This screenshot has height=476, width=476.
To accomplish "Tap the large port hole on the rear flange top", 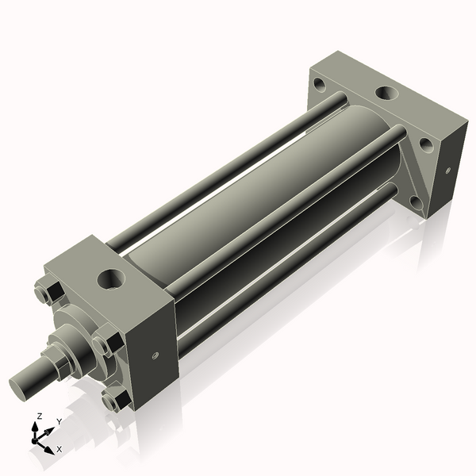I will coord(387,95).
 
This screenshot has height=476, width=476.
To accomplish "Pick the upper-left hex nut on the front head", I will coord(45,293).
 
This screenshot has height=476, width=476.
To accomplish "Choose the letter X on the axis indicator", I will coord(59,449).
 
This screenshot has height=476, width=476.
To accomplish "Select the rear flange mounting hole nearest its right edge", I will coord(425,144).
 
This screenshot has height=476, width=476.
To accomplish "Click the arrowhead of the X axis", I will coord(51,447).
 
